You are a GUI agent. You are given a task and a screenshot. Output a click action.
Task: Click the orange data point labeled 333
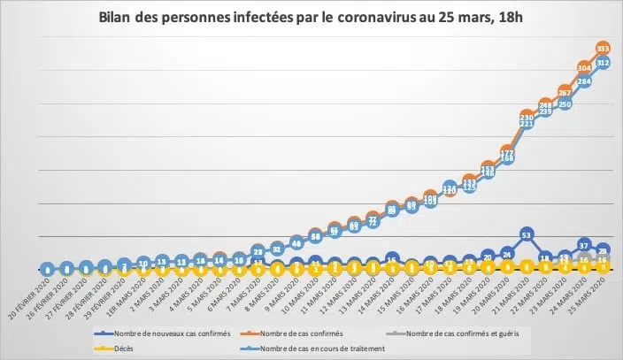pos(604,47)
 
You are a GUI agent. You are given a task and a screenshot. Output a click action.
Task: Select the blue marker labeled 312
pos(604,63)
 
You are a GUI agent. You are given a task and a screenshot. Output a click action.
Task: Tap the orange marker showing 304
pos(584,66)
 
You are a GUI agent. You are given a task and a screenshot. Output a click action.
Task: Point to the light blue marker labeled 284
pos(584,81)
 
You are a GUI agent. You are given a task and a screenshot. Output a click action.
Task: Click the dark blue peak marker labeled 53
pos(527,235)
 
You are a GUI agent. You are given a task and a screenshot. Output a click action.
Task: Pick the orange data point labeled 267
pos(565,91)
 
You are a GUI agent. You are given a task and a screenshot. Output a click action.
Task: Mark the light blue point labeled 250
pos(565,103)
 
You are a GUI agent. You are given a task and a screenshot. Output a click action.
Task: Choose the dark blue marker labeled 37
pos(584,244)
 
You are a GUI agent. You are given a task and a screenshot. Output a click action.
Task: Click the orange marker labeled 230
pos(527,117)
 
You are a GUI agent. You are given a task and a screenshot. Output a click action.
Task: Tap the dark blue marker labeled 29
pos(604,250)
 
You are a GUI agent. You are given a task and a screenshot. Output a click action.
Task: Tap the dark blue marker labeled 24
pos(507,254)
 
